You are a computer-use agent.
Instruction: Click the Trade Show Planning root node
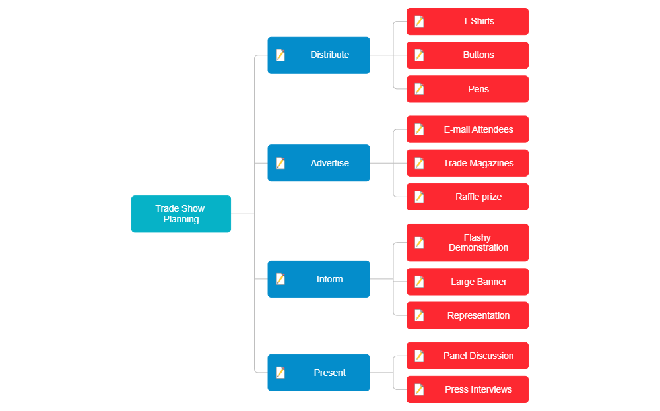pyautogui.click(x=181, y=214)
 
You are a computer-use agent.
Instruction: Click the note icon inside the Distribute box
pyautogui.click(x=280, y=55)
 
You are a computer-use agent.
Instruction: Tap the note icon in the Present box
pyautogui.click(x=280, y=373)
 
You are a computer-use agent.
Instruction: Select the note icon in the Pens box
pyautogui.click(x=419, y=89)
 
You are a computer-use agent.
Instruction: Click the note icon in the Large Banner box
pyautogui.click(x=419, y=282)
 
